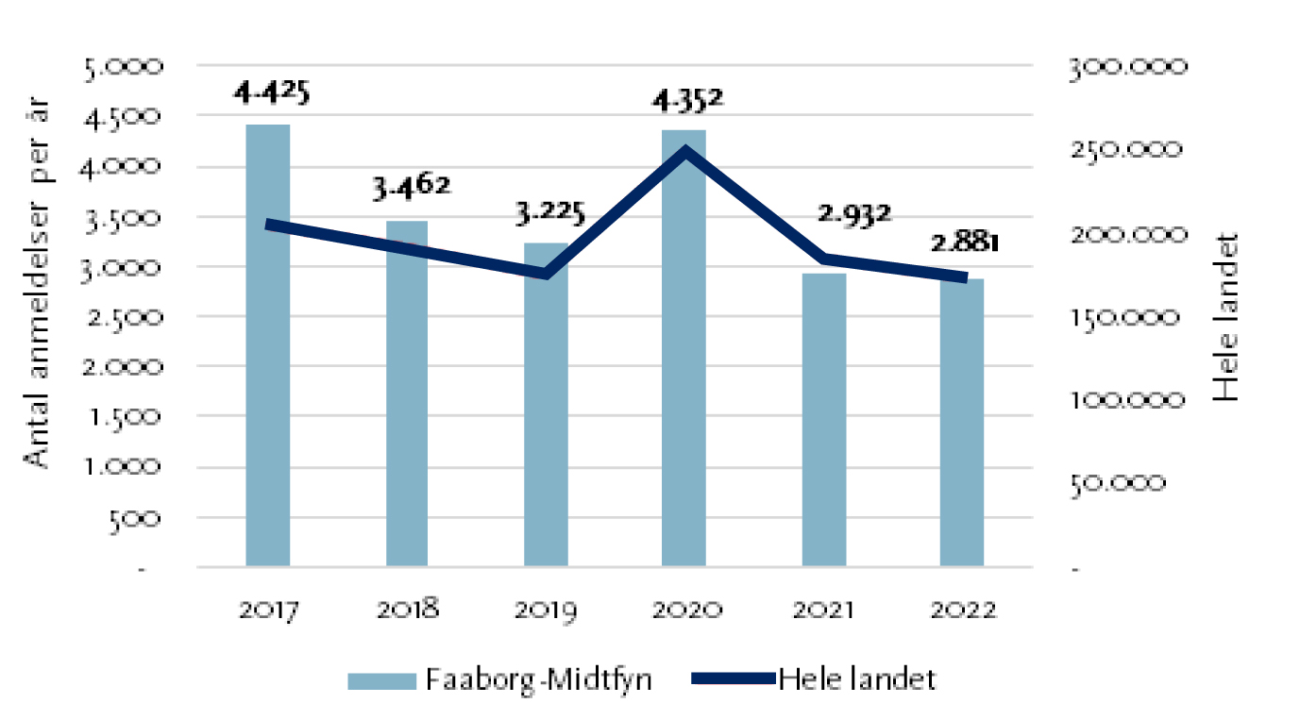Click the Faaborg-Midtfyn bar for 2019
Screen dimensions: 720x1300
coord(546,405)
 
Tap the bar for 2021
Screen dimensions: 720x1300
coord(824,420)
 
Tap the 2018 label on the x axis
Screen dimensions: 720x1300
coord(408,610)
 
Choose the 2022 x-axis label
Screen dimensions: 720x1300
coord(962,610)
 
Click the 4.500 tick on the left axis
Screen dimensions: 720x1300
coord(124,117)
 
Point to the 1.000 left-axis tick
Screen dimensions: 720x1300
coord(124,467)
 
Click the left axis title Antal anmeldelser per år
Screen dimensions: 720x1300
coord(38,283)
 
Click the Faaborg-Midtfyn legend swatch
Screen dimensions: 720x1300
coord(380,681)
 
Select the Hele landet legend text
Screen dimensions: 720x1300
coord(857,680)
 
